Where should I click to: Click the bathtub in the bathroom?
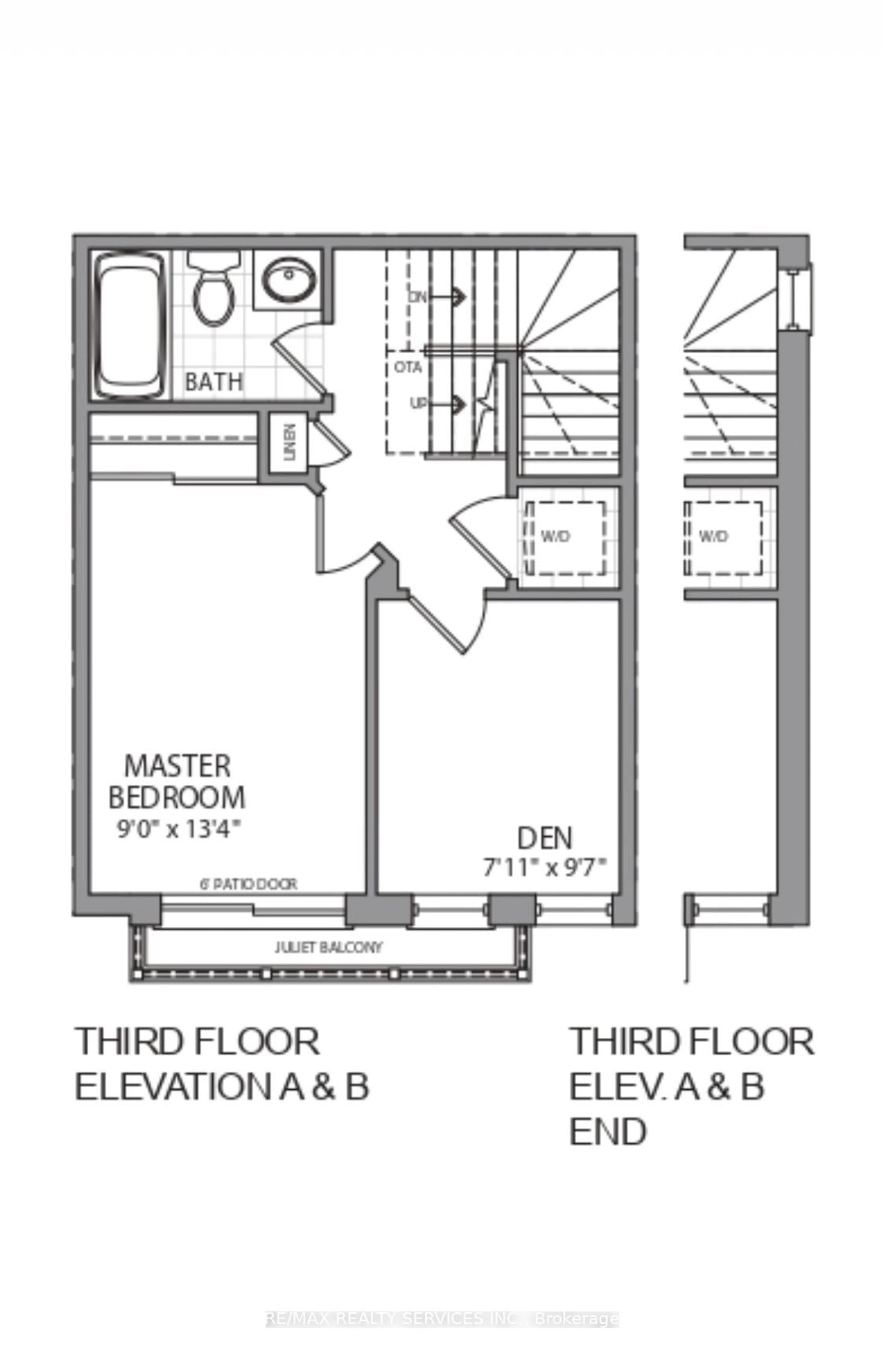pos(129,326)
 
